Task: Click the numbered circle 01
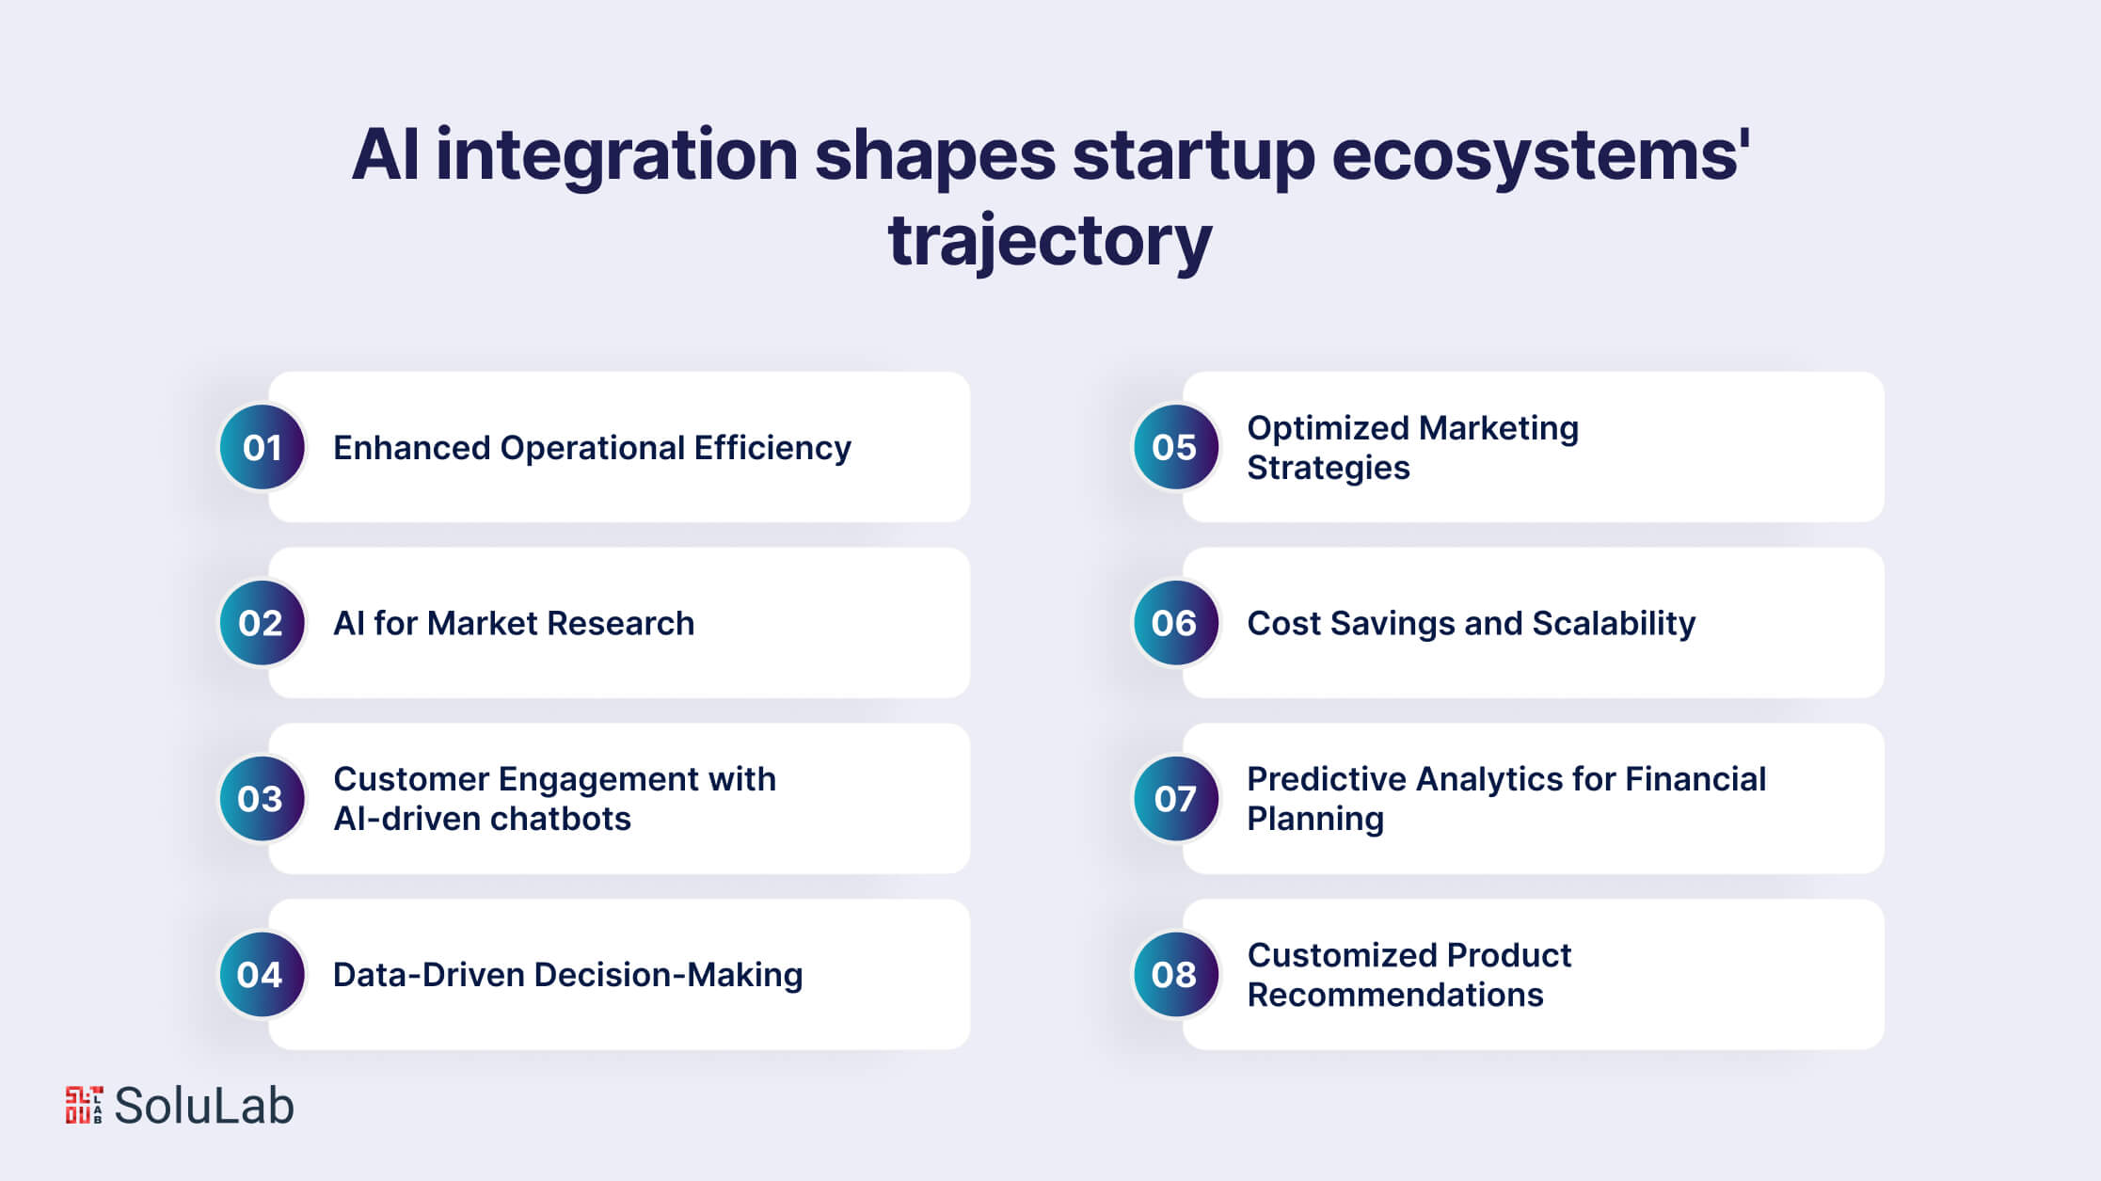click(262, 447)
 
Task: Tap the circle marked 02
click(262, 623)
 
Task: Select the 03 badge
click(262, 799)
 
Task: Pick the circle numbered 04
click(262, 975)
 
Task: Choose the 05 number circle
click(1175, 447)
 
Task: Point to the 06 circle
click(1175, 623)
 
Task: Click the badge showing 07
click(1175, 799)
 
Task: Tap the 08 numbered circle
click(1175, 975)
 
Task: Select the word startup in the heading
click(1193, 157)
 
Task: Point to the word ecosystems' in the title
click(1540, 157)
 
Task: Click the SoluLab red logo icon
click(84, 1105)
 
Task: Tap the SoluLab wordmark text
click(204, 1106)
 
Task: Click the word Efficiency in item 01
click(772, 449)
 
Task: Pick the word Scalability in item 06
click(1614, 624)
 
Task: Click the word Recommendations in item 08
click(1395, 995)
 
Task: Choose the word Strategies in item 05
click(1329, 469)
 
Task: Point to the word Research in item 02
click(620, 623)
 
